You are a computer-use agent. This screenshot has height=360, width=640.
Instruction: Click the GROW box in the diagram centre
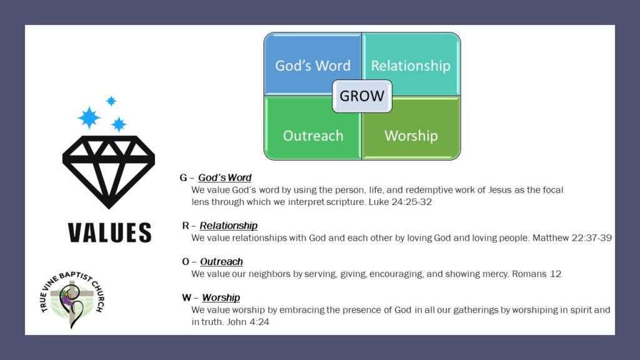click(362, 96)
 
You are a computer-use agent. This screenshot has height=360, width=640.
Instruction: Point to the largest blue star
click(89, 117)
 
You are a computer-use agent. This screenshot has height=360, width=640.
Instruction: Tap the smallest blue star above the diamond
click(111, 101)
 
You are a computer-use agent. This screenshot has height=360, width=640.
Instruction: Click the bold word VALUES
click(109, 232)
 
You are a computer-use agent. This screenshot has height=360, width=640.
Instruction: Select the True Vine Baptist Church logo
click(72, 299)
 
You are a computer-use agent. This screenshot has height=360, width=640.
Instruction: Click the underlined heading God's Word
click(224, 177)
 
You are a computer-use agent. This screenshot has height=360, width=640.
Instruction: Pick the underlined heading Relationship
click(229, 226)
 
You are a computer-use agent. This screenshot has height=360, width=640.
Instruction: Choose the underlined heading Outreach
click(221, 262)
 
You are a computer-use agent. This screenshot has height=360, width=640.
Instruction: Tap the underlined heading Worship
click(221, 297)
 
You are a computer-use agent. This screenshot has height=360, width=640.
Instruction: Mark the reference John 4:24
click(248, 322)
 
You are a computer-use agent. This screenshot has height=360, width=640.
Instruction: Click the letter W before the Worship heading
click(186, 297)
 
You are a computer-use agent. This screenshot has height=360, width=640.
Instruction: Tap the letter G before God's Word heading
click(183, 177)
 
